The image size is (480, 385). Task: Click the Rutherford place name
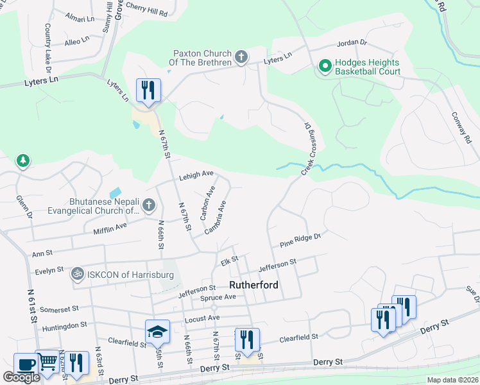click(x=254, y=285)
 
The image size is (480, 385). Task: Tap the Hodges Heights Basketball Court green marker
click(x=325, y=65)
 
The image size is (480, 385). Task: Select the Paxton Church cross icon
click(x=241, y=58)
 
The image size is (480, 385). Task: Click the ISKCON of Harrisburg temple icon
click(x=78, y=274)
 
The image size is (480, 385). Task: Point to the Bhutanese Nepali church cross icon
click(x=148, y=205)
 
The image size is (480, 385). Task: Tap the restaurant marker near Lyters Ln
click(x=148, y=90)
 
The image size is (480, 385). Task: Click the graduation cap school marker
click(x=157, y=332)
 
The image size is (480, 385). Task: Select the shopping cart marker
click(x=47, y=363)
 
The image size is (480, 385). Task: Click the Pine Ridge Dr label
click(x=300, y=241)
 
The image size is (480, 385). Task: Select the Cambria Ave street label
click(x=216, y=217)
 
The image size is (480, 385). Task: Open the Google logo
click(x=21, y=377)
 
